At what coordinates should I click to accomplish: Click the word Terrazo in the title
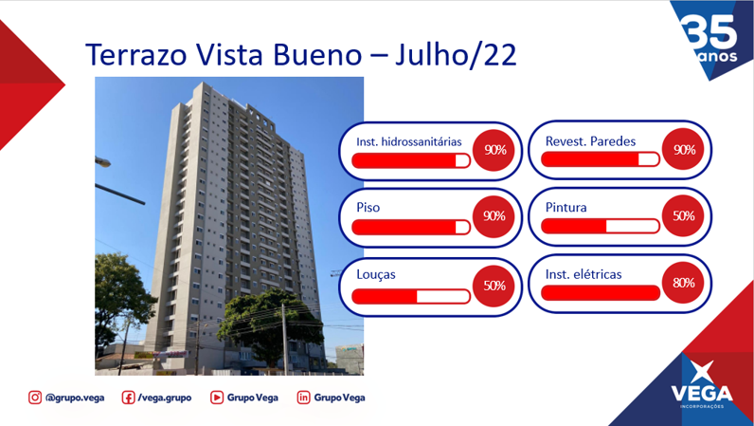136,54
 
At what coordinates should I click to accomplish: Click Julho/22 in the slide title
456,55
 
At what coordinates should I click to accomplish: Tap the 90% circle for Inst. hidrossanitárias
494,150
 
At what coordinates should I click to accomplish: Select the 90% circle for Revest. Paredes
683,150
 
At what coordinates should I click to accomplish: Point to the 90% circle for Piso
494,216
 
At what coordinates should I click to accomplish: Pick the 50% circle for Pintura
683,216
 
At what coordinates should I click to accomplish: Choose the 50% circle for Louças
494,287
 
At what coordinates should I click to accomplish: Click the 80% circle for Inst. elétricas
683,283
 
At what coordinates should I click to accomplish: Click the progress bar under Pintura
601,226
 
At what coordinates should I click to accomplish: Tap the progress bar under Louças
411,296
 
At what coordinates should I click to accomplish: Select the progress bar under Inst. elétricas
601,292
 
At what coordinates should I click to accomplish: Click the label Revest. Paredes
590,141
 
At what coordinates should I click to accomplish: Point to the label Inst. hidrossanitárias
409,141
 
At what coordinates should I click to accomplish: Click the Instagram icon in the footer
35,398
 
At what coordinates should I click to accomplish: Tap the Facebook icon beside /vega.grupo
128,398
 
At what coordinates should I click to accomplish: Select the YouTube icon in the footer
217,398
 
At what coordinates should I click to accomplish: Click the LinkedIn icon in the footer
303,398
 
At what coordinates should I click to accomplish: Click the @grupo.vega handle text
75,398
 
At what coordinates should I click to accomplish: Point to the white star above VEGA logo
703,372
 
